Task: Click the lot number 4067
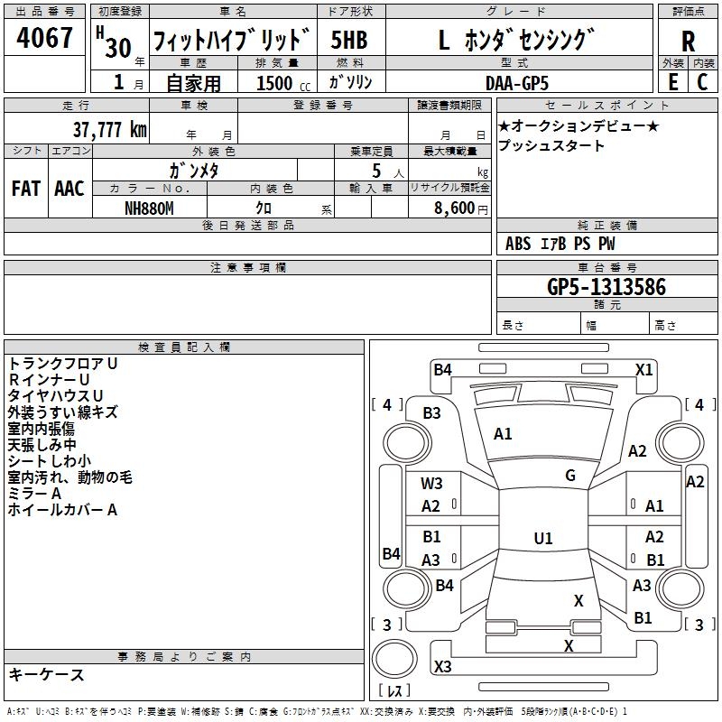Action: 44,39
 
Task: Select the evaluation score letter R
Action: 688,41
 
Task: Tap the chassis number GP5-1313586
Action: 606,287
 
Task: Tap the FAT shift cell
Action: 26,188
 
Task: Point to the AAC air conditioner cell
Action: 69,188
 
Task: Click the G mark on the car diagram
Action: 570,476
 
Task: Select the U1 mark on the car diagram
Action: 542,538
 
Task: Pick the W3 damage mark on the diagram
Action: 431,484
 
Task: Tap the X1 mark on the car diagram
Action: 644,368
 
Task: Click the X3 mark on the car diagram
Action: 442,666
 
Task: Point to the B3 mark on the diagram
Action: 431,412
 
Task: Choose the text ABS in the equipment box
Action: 518,243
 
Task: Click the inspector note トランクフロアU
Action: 62,363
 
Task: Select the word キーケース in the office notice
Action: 46,674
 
